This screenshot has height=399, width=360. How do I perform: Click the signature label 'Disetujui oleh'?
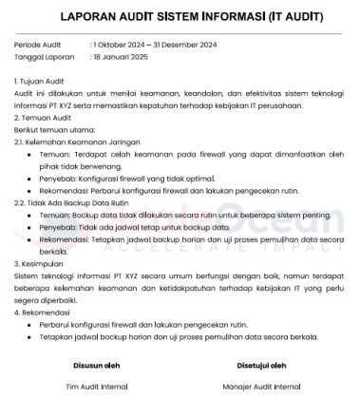click(260, 363)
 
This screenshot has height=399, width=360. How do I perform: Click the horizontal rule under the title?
click(179, 33)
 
